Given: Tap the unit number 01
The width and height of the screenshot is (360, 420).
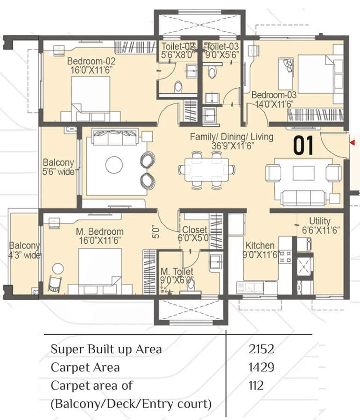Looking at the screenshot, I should pos(303,146).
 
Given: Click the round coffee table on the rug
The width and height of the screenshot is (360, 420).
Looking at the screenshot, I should pos(114,164).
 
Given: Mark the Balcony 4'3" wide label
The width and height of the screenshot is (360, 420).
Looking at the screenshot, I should pos(25,251).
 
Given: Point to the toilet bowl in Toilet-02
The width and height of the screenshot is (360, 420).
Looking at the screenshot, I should pos(177,86).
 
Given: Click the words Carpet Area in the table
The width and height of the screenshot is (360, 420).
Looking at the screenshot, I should pos(85,367).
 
